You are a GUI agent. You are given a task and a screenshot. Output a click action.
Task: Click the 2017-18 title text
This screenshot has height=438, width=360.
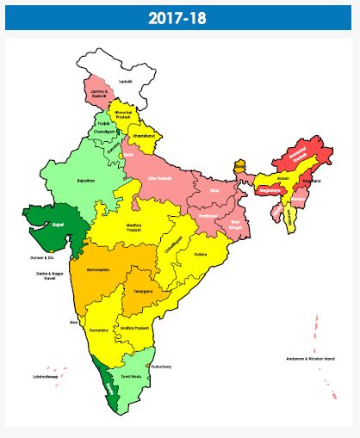click(180, 17)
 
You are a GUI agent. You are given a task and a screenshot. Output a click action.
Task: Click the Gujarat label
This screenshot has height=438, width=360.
click(58, 224)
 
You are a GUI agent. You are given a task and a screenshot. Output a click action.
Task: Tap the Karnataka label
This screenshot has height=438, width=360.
click(100, 330)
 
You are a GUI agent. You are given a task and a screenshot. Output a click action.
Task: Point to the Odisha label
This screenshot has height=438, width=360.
click(200, 255)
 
